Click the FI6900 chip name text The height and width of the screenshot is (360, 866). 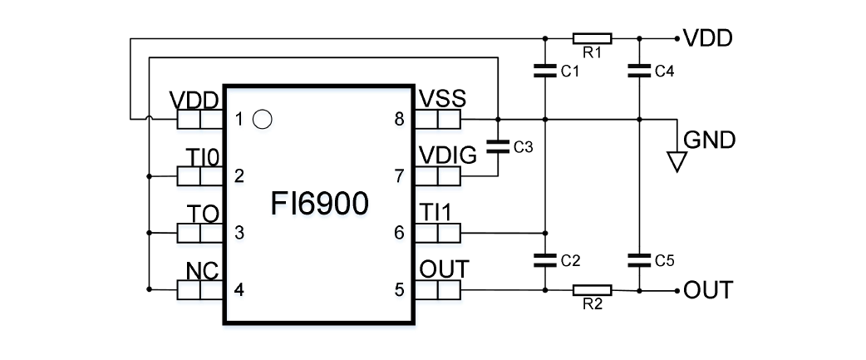[x=319, y=204]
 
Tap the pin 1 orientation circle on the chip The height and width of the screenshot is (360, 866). [x=262, y=120]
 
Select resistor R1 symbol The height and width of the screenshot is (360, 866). [x=593, y=38]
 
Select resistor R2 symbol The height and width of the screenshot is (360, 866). [x=593, y=290]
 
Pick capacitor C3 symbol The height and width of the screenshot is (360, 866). [x=497, y=147]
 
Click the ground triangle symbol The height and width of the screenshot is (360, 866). [x=678, y=160]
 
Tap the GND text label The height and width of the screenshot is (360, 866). [x=709, y=141]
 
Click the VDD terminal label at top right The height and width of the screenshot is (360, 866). [x=707, y=38]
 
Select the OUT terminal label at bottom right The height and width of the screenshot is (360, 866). [x=708, y=290]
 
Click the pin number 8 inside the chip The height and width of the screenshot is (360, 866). [x=399, y=120]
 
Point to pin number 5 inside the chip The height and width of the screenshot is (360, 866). [x=399, y=290]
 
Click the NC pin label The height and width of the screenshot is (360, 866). [x=203, y=271]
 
